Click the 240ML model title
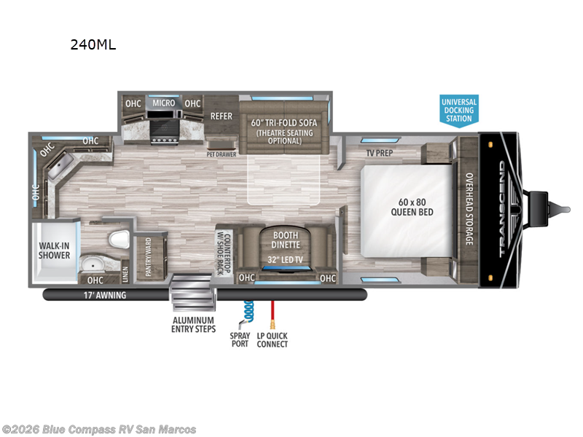pyautogui.click(x=93, y=44)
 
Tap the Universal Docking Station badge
pyautogui.click(x=459, y=111)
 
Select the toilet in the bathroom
pyautogui.click(x=120, y=240)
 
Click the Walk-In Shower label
pyautogui.click(x=54, y=251)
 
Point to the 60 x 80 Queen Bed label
pyautogui.click(x=412, y=207)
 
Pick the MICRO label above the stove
pyautogui.click(x=163, y=103)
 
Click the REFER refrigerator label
pyautogui.click(x=222, y=117)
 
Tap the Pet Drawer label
pyautogui.click(x=222, y=154)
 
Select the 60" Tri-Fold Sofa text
pyautogui.click(x=284, y=122)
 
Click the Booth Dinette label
pyautogui.click(x=286, y=240)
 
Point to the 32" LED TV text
pyautogui.click(x=285, y=260)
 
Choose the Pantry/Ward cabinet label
pyautogui.click(x=149, y=257)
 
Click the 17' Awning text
pyautogui.click(x=104, y=296)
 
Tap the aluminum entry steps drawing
pyautogui.click(x=192, y=293)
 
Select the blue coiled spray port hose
pyautogui.click(x=248, y=312)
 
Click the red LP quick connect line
pyautogui.click(x=273, y=315)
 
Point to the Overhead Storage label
pyautogui.click(x=469, y=209)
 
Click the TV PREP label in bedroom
pyautogui.click(x=380, y=153)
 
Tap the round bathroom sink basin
pyautogui.click(x=91, y=265)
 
